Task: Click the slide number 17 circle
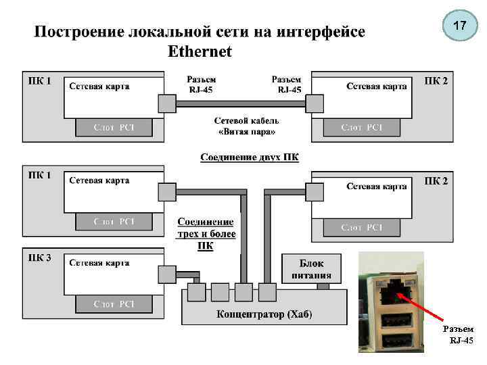(459, 27)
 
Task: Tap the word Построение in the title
(79, 32)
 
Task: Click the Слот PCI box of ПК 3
(114, 304)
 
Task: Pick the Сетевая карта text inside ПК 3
(99, 262)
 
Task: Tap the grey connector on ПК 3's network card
(166, 274)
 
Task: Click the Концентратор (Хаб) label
(264, 314)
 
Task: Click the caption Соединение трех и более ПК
(206, 234)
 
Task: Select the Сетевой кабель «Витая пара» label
(247, 126)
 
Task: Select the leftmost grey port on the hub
(196, 293)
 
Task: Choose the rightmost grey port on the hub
(268, 293)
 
